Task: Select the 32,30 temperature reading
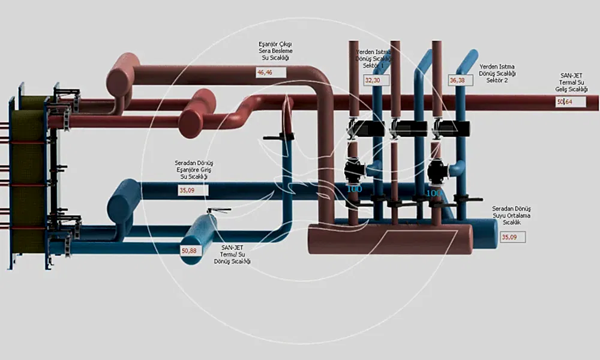pos(377,80)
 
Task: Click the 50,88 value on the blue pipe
pos(193,250)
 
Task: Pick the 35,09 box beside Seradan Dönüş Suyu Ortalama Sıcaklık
pos(512,237)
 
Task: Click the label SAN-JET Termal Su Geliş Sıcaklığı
pos(571,83)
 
